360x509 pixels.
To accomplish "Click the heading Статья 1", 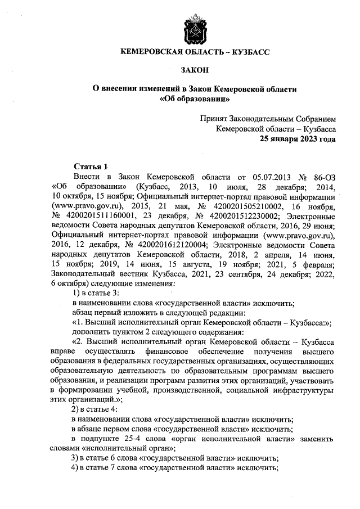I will pos(91,166).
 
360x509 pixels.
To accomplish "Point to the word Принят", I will pos(214,119).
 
